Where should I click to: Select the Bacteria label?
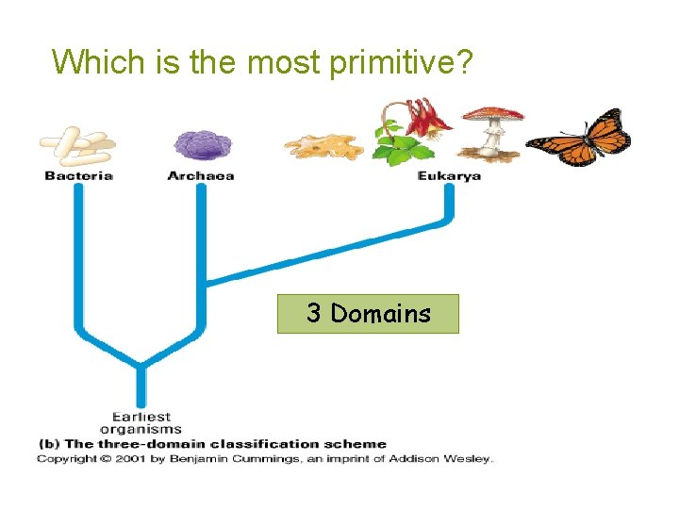coord(78,175)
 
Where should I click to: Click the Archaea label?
coord(201,175)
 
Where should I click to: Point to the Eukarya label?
coord(449,175)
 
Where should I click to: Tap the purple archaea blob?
coord(202,143)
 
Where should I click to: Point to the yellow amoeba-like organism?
coord(324,146)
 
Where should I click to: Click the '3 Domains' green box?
coord(368,314)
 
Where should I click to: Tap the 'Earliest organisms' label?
coord(141,422)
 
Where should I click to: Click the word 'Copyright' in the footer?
coord(66,459)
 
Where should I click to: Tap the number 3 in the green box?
coord(313,314)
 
